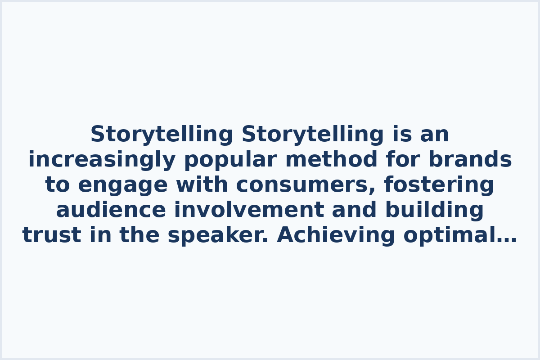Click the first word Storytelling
click(162, 135)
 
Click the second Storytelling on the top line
click(313, 135)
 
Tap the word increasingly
click(102, 160)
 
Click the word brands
click(470, 160)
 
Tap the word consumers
click(303, 185)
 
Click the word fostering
click(439, 185)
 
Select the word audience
click(111, 210)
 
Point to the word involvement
click(249, 210)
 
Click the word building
click(434, 210)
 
